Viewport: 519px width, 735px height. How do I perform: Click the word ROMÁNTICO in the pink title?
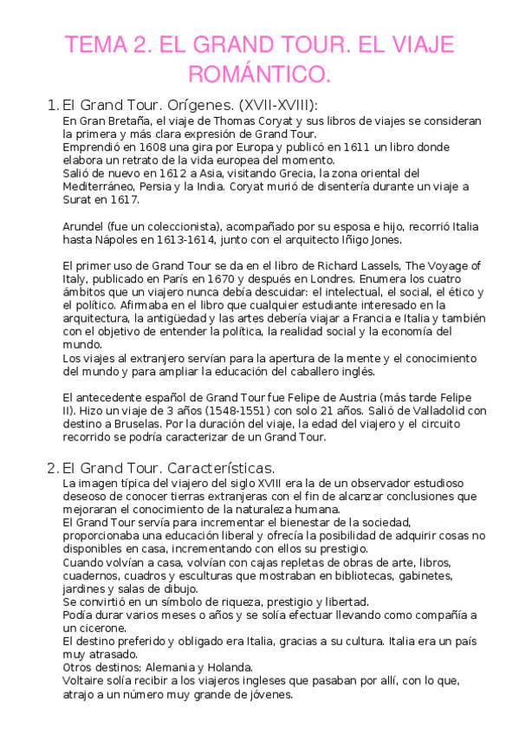pyautogui.click(x=259, y=75)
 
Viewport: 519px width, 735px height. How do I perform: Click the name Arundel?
pyautogui.click(x=85, y=226)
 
